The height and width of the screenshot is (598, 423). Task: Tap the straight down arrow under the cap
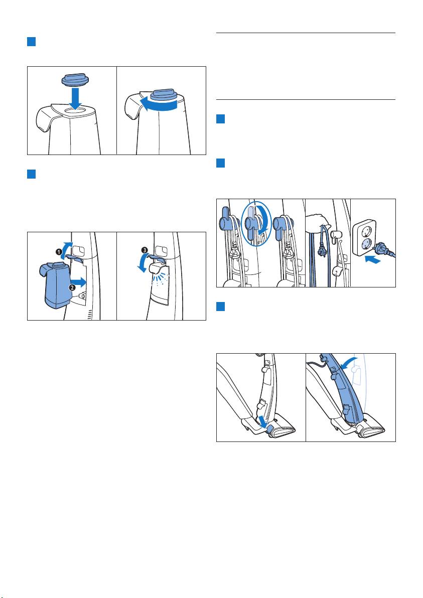[x=76, y=98]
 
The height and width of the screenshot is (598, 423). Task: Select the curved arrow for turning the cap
[x=158, y=105]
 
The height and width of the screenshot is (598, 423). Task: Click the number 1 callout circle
[x=59, y=252]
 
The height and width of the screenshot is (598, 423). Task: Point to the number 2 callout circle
[x=72, y=287]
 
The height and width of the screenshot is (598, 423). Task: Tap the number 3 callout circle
[x=144, y=250]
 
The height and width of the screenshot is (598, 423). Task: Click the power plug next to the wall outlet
[x=384, y=249]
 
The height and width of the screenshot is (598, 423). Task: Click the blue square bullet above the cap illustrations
[x=31, y=42]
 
